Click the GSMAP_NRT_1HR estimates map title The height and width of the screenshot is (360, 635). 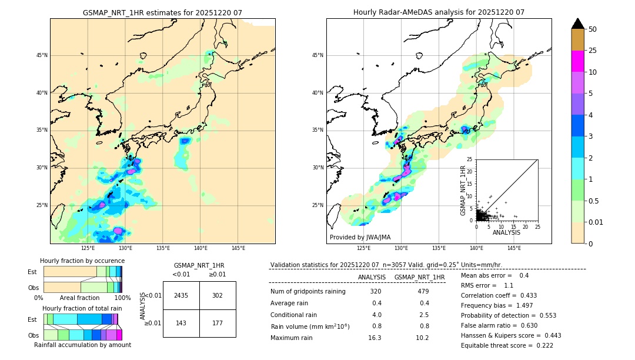[x=162, y=12]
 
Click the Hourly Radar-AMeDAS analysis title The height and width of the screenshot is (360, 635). [x=439, y=12]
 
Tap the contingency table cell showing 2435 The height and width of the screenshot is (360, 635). [x=181, y=295]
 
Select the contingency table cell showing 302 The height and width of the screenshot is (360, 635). [x=218, y=295]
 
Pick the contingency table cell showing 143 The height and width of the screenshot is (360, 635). [x=181, y=323]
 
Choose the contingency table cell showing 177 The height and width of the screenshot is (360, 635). [x=218, y=323]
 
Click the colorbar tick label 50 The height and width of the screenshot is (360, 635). [x=593, y=29]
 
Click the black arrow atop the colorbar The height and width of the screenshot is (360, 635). [x=578, y=24]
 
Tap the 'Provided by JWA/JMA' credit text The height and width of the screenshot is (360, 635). [x=360, y=238]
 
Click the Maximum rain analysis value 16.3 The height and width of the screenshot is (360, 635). [x=375, y=338]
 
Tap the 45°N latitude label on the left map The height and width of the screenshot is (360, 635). [x=42, y=55]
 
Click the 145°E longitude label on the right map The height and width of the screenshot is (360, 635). [x=514, y=248]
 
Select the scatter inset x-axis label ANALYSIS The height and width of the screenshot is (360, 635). [x=506, y=232]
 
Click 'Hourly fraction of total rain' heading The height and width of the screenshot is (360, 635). [x=82, y=308]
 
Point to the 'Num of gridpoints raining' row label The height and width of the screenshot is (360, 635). [x=308, y=291]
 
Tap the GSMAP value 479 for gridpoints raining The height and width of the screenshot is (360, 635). [x=423, y=291]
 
